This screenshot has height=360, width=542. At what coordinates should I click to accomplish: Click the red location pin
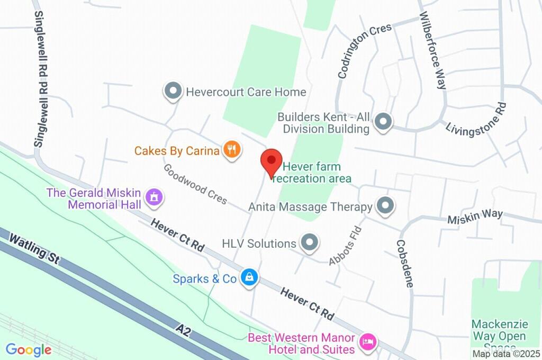(x=272, y=161)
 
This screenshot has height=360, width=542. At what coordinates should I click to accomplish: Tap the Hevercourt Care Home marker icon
(x=173, y=92)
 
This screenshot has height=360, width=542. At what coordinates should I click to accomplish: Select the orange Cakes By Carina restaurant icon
(x=231, y=150)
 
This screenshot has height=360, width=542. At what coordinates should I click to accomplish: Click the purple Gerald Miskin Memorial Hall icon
(x=154, y=198)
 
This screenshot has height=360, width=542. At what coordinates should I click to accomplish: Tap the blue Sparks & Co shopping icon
(x=248, y=277)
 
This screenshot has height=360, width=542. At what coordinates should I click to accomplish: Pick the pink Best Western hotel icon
(x=367, y=341)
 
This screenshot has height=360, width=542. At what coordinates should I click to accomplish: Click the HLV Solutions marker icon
(x=309, y=243)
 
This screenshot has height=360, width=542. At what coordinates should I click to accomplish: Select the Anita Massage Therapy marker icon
(x=385, y=206)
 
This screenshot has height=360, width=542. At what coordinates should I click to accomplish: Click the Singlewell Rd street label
(x=41, y=78)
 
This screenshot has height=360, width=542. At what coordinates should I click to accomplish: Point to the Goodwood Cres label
(x=195, y=184)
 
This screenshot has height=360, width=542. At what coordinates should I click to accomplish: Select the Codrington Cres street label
(x=365, y=51)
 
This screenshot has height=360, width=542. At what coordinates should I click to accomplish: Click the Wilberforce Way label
(x=433, y=50)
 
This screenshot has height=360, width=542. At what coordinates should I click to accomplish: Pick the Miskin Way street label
(x=475, y=218)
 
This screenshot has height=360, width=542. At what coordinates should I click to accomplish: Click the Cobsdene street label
(x=405, y=263)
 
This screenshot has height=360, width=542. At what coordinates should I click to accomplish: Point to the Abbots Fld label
(x=345, y=246)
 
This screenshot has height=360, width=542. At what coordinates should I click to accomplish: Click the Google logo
(x=29, y=349)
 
